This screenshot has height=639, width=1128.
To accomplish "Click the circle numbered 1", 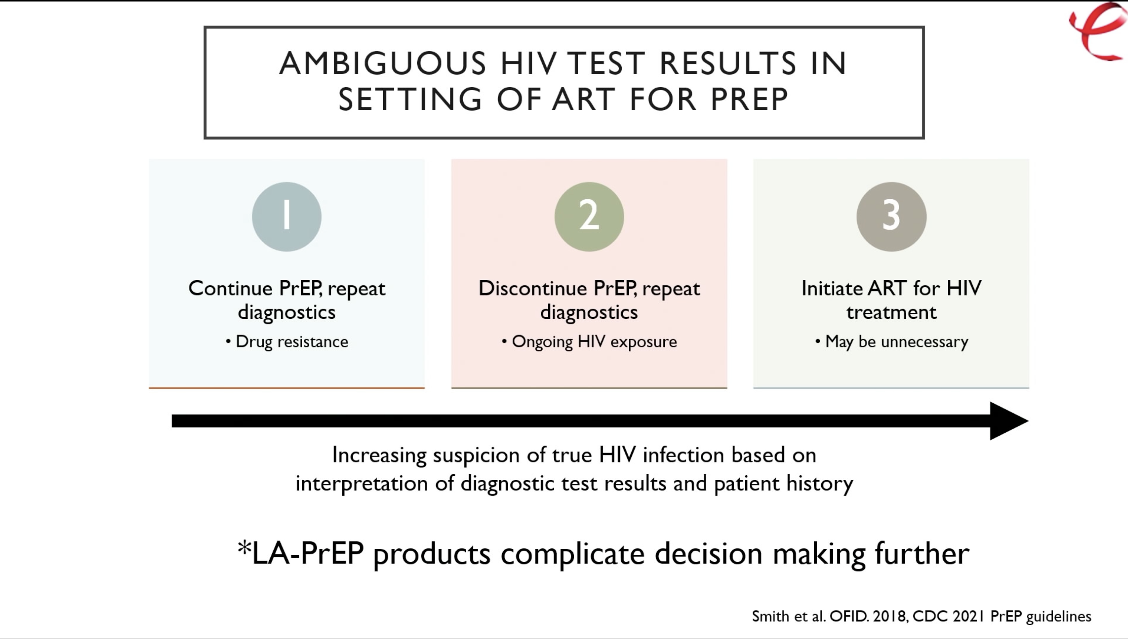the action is click(x=286, y=217).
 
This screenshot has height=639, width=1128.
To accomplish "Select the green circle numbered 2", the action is click(x=589, y=217).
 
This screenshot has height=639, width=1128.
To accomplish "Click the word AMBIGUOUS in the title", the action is click(x=383, y=63).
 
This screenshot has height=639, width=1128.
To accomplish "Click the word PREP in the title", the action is click(x=749, y=99).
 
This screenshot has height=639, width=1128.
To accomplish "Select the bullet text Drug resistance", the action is click(x=292, y=342).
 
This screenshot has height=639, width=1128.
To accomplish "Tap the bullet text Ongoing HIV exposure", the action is click(x=594, y=342).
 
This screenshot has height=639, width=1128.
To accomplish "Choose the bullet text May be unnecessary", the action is click(x=896, y=342).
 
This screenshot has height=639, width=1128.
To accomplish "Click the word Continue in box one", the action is click(x=230, y=288).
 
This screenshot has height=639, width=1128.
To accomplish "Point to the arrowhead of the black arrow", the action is click(x=1028, y=421).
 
